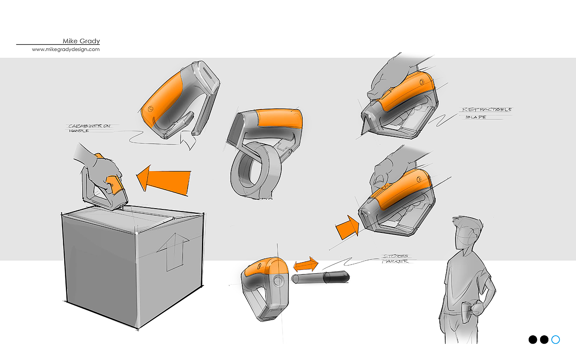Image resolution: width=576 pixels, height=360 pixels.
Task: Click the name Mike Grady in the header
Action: coord(81,41)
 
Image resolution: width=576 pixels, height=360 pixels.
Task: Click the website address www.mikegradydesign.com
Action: coord(66,49)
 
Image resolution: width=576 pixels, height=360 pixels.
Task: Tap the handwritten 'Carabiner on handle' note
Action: coord(89,128)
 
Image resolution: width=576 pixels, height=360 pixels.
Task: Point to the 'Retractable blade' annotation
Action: coord(486,113)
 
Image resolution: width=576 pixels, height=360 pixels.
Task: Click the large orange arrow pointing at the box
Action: coord(164,180)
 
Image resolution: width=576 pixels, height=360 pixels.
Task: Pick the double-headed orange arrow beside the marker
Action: coord(306,264)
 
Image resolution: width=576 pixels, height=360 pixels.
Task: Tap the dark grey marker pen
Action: coord(321,277)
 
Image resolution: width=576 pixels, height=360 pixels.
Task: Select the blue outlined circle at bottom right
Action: coord(555,339)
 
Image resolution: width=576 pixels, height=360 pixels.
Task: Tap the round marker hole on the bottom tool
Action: coord(278,281)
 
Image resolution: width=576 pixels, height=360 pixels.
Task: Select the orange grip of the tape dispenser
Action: coord(280,118)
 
